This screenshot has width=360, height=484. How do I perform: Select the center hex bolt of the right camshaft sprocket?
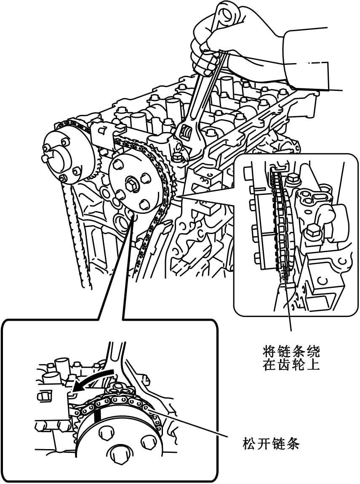pos(131,185)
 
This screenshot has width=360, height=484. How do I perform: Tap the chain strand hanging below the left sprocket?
pos(82,253)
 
